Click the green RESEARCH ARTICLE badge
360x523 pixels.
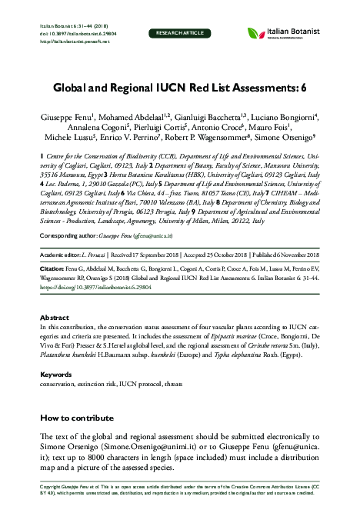click(x=179, y=34)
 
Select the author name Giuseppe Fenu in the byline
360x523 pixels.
click(x=66, y=113)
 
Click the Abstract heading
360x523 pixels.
click(x=55, y=316)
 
